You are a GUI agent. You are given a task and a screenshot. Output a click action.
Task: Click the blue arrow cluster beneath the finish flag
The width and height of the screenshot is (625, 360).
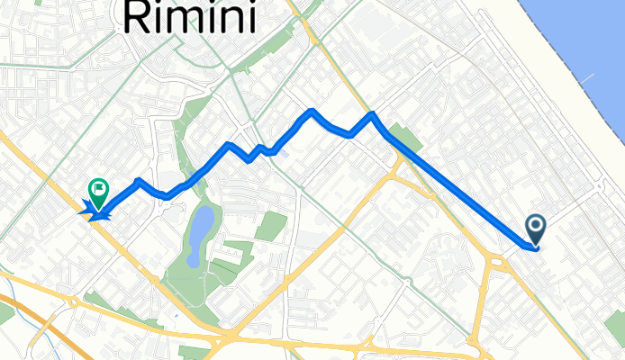point(95,213)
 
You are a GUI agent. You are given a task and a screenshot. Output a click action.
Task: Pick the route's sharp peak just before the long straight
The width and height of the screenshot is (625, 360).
point(371,114)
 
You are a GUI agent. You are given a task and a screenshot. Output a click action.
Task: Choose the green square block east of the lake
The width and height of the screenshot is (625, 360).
point(269,226)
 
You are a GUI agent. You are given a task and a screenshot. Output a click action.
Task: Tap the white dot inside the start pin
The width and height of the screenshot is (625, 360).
point(535,225)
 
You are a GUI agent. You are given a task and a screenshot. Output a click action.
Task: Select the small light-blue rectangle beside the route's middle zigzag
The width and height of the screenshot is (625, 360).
point(284,152)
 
